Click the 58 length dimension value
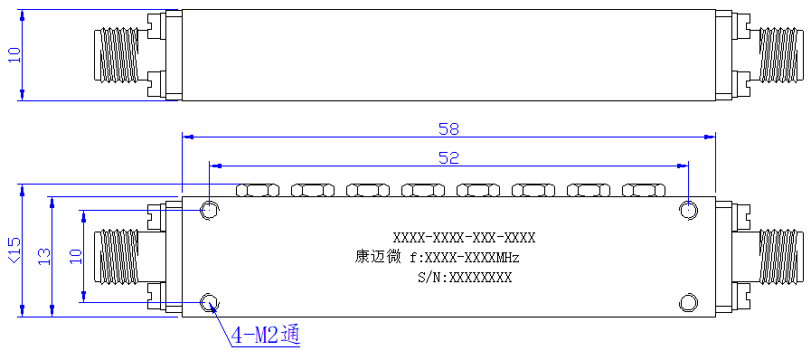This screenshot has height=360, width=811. click(448, 128)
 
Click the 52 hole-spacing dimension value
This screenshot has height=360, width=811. click(448, 157)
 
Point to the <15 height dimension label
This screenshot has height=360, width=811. click(14, 250)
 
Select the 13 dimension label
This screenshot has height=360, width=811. click(44, 256)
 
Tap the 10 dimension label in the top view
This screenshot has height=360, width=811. click(14, 55)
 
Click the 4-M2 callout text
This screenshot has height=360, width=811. click(266, 336)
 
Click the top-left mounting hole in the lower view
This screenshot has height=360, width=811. click(210, 210)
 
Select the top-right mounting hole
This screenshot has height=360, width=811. click(689, 211)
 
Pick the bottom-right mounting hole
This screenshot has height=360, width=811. click(689, 303)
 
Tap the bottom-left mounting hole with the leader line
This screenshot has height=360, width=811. click(210, 303)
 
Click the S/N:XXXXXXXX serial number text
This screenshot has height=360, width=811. click(465, 278)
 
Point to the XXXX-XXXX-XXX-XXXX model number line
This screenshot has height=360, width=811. click(464, 238)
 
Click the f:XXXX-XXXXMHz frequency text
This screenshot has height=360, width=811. click(464, 257)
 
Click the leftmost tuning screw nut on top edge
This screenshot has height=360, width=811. click(258, 190)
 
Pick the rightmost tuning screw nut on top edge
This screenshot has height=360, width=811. click(644, 190)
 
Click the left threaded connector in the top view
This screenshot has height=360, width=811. click(117, 55)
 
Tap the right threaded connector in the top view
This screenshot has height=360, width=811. click(780, 55)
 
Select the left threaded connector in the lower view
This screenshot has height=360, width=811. click(117, 257)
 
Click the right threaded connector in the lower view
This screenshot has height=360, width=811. click(780, 257)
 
